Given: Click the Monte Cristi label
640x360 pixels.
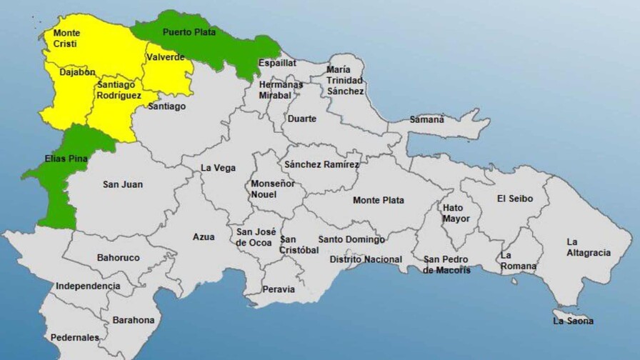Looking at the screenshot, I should (66, 39).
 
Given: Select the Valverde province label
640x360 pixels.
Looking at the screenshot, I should (166, 57).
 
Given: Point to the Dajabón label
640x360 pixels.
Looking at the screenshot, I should (78, 72).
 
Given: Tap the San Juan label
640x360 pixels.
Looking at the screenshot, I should (123, 184).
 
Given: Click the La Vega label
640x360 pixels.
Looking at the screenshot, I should (217, 168).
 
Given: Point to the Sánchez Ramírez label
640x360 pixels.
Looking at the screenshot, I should (321, 164).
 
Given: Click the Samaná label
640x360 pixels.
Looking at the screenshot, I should (426, 119).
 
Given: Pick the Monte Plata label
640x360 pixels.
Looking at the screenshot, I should (378, 200).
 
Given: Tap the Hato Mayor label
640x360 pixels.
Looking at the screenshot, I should (456, 213).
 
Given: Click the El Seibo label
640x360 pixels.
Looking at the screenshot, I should (514, 199).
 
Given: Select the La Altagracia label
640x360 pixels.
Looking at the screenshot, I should (588, 247).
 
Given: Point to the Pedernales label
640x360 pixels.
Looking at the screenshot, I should (74, 337).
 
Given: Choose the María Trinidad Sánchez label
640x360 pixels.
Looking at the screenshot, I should (346, 80).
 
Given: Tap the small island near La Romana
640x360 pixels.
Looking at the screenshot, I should (514, 281).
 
